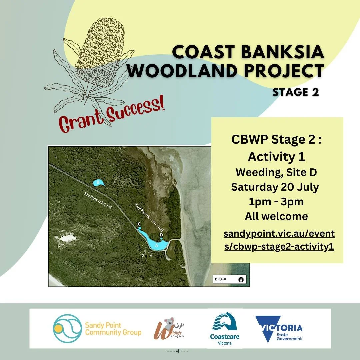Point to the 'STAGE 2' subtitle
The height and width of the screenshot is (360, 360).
coord(295,92)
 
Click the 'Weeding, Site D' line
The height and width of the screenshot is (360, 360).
coord(276,172)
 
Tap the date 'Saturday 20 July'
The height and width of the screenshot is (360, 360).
coord(275,187)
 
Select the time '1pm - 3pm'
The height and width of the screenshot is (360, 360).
coord(276,202)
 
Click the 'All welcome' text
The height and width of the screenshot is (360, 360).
coord(276,216)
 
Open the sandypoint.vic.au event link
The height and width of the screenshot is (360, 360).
coord(279,240)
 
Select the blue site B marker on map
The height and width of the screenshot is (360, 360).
coord(98,182)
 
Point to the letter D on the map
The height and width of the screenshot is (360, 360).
coord(161,235)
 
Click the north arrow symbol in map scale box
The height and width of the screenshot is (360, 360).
coord(241,279)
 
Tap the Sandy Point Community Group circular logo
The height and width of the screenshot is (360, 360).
coord(67,328)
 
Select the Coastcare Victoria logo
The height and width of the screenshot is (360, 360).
coord(225,328)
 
